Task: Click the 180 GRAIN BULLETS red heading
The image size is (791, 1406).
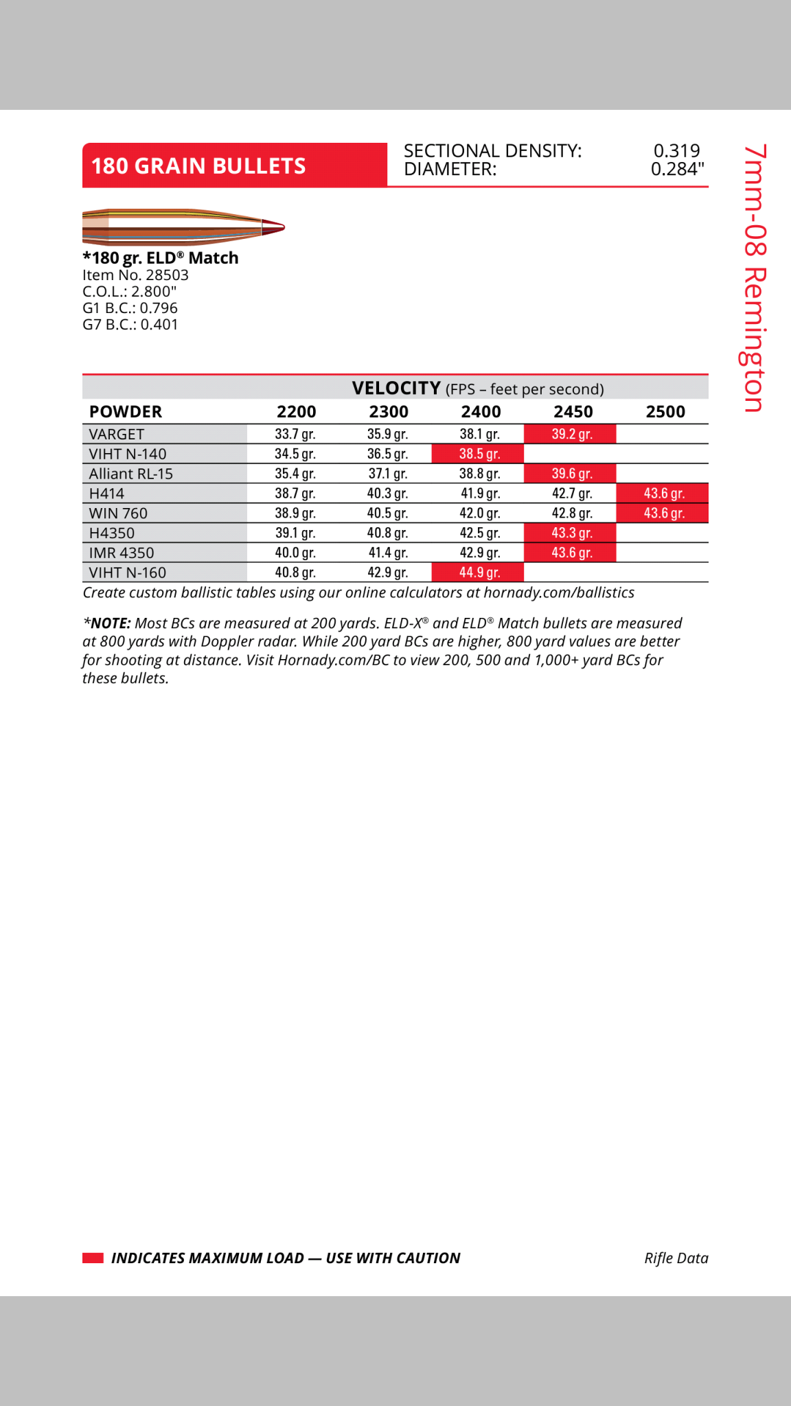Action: (x=198, y=165)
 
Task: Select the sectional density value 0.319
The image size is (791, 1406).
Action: (x=676, y=151)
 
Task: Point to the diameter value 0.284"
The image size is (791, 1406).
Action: (x=677, y=170)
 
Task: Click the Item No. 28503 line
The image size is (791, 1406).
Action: (x=135, y=275)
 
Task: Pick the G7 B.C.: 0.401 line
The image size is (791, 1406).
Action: (x=130, y=325)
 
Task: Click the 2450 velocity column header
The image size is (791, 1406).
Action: (x=573, y=412)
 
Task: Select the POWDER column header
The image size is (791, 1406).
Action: (x=126, y=412)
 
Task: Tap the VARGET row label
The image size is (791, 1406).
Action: (x=117, y=435)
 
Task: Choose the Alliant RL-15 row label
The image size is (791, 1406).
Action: (x=131, y=474)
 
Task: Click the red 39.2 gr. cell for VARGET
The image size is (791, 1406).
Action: (x=571, y=435)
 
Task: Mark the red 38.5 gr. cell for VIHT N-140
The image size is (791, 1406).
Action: (x=479, y=454)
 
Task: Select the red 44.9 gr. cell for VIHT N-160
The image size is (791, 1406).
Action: (x=479, y=573)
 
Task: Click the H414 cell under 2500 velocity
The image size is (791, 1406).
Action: (x=664, y=494)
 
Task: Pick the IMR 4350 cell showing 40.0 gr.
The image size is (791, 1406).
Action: (x=295, y=553)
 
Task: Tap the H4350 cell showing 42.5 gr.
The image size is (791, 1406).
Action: (x=479, y=533)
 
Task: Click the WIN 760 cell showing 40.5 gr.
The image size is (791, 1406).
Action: (x=387, y=514)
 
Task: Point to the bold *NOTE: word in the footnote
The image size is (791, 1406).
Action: (x=107, y=623)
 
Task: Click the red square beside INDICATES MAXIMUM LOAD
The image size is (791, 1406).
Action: (x=93, y=1258)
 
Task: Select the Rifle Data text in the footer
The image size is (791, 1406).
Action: (x=676, y=1258)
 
